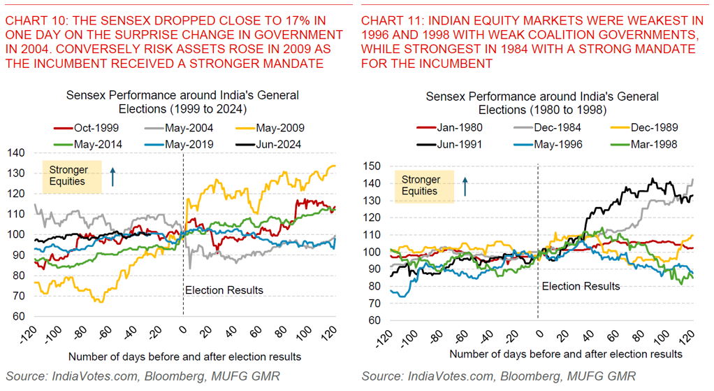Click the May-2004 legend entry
click(191, 128)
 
